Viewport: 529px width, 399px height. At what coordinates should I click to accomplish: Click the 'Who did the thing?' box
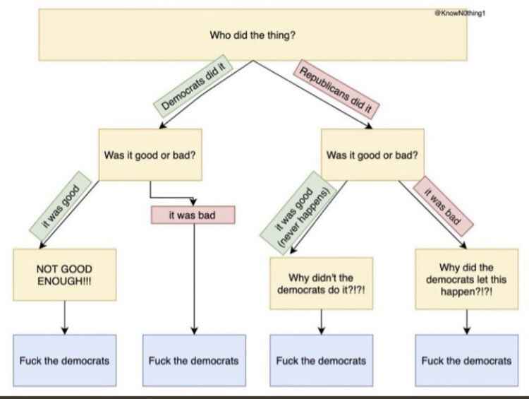pyautogui.click(x=253, y=35)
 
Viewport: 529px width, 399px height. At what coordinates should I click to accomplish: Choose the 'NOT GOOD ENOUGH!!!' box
pyautogui.click(x=64, y=275)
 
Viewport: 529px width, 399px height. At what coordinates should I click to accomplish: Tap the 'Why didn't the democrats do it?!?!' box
pyautogui.click(x=321, y=283)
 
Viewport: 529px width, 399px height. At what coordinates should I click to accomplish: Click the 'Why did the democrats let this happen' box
pyautogui.click(x=466, y=279)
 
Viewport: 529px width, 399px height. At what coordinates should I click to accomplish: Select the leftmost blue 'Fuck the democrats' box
pyautogui.click(x=64, y=360)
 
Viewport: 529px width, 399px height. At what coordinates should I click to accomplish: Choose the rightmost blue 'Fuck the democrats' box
pyautogui.click(x=466, y=360)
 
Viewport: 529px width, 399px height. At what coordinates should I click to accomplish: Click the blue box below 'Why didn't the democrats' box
pyautogui.click(x=321, y=360)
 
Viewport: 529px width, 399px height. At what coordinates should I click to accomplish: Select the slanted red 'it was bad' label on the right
pyautogui.click(x=441, y=204)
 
